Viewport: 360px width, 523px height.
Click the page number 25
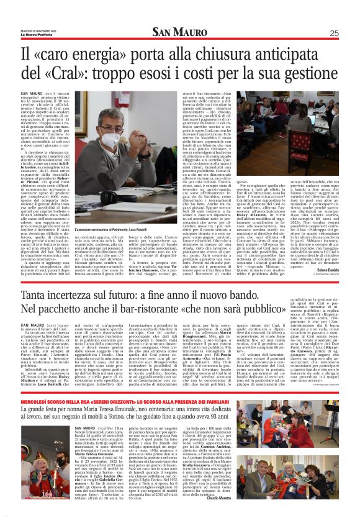[333, 33]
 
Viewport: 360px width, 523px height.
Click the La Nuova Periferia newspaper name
[35, 34]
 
